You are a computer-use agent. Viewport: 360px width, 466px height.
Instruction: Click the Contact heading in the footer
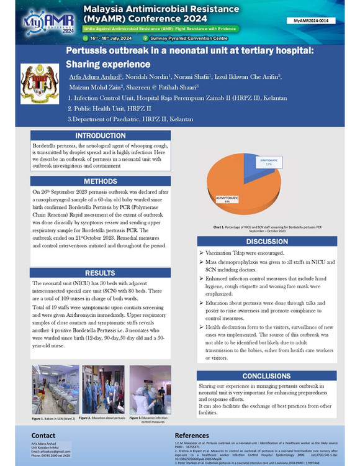(43, 436)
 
